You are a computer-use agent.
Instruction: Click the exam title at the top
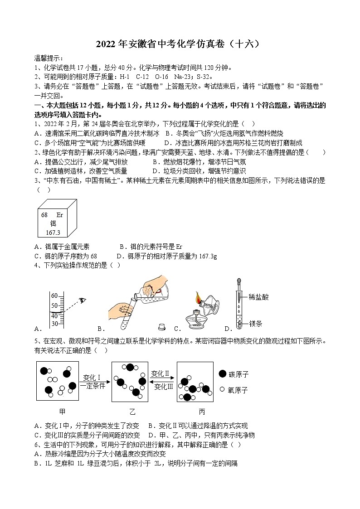click(x=180, y=44)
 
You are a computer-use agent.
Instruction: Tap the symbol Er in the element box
click(x=59, y=215)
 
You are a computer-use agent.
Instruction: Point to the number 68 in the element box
click(x=44, y=215)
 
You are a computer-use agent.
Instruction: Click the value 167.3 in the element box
click(x=53, y=232)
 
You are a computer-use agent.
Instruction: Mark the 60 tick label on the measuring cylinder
click(x=54, y=296)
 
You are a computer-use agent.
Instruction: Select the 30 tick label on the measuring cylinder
click(x=54, y=324)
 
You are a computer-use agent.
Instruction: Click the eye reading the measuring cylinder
click(x=82, y=300)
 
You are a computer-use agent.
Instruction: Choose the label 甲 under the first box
click(x=62, y=412)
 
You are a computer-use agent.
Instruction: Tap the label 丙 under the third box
click(x=202, y=412)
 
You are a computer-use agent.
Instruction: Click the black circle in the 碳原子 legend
click(x=222, y=374)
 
